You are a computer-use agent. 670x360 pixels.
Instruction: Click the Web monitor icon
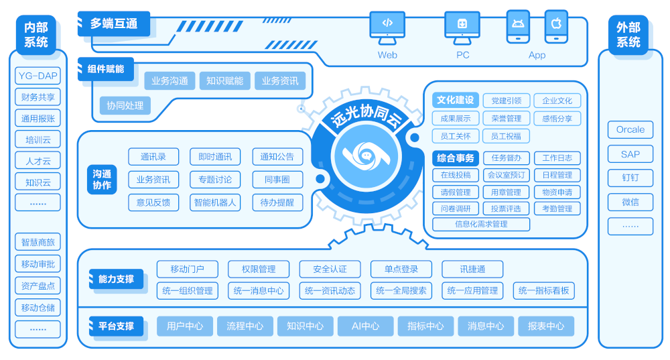(x=387, y=25)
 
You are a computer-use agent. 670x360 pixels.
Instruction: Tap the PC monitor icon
(x=462, y=25)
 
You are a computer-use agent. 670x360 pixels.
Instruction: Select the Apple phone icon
(x=555, y=25)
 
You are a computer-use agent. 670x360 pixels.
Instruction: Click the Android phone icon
(x=518, y=25)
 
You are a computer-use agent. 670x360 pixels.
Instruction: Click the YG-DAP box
(x=38, y=76)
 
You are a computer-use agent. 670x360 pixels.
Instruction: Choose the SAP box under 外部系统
(x=630, y=154)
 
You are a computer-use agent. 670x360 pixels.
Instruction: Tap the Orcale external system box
(x=630, y=130)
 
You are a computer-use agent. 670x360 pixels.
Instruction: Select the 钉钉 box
(x=630, y=178)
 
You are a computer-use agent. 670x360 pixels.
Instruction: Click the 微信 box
(x=630, y=202)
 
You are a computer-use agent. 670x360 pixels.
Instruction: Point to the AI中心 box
(x=365, y=326)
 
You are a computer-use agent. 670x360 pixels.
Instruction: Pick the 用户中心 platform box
(x=184, y=326)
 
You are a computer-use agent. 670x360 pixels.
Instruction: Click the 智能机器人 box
(x=215, y=202)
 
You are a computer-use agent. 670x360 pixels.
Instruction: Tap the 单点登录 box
(x=401, y=269)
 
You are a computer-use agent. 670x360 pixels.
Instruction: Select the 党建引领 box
(x=506, y=101)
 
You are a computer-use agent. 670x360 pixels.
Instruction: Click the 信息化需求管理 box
(x=481, y=225)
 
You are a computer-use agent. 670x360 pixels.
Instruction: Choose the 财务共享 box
(x=38, y=97)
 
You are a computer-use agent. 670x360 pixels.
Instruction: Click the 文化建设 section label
(x=455, y=101)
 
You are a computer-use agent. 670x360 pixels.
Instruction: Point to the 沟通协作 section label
(x=102, y=180)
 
